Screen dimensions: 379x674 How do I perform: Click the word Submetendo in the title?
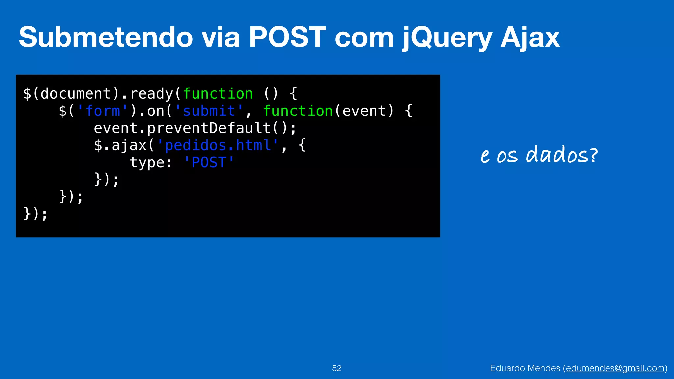[x=105, y=37]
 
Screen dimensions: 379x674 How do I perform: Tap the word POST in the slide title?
[x=287, y=37]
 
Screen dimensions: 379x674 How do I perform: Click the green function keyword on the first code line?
[x=218, y=94]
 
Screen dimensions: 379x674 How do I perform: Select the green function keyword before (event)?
[x=298, y=111]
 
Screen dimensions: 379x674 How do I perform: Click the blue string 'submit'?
[x=209, y=111]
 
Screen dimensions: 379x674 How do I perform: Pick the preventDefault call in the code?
[x=209, y=128]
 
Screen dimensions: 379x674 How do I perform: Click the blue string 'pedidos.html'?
[x=218, y=145]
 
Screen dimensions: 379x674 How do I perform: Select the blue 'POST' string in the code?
[x=209, y=163]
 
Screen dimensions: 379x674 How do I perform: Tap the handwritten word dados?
[x=561, y=154]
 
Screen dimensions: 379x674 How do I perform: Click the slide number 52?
[x=337, y=368]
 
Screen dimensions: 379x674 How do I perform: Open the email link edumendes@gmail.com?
[x=615, y=368]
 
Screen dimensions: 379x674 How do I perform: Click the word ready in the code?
[x=151, y=94]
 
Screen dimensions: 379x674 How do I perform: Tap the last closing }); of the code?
[x=36, y=214]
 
